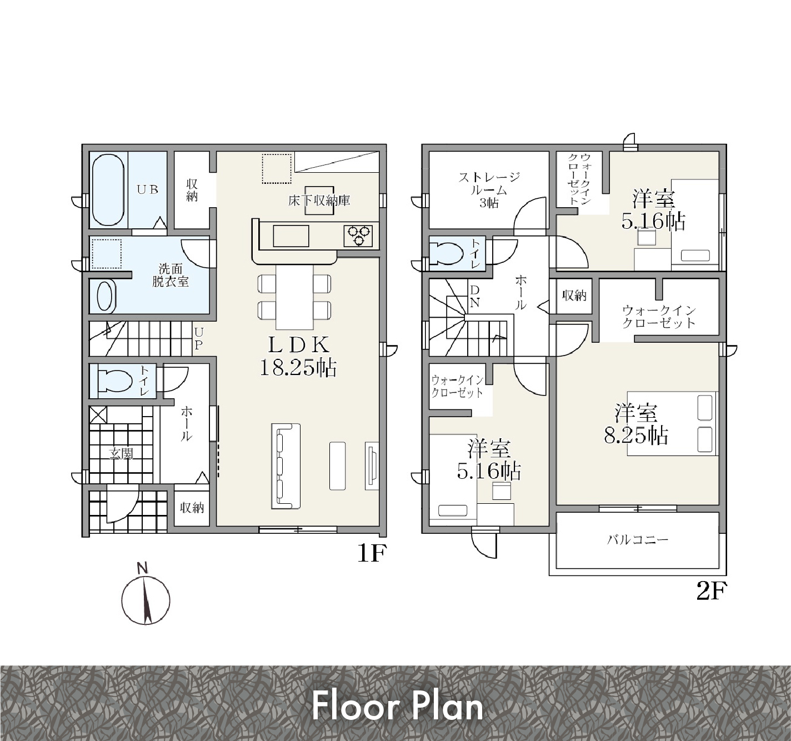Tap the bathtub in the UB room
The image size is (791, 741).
pyautogui.click(x=108, y=189)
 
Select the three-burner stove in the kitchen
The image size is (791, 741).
pyautogui.click(x=358, y=236)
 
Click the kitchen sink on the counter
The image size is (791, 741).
pyautogui.click(x=291, y=236)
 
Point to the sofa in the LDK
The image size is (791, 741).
pyautogui.click(x=286, y=465)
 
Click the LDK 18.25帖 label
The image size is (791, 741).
pyautogui.click(x=298, y=356)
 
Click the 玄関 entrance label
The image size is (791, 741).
pyautogui.click(x=121, y=454)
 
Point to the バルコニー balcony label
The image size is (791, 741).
pyautogui.click(x=637, y=540)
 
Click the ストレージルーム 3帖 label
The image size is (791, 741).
pyautogui.click(x=489, y=190)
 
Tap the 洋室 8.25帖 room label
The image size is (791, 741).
pyautogui.click(x=636, y=424)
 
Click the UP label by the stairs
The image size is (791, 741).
pyautogui.click(x=199, y=339)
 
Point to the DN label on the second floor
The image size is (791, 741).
pyautogui.click(x=475, y=296)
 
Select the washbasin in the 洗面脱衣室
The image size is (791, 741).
pyautogui.click(x=106, y=297)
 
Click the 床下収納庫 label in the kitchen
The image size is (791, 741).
pyautogui.click(x=319, y=201)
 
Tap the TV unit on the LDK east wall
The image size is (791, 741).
pyautogui.click(x=372, y=465)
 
